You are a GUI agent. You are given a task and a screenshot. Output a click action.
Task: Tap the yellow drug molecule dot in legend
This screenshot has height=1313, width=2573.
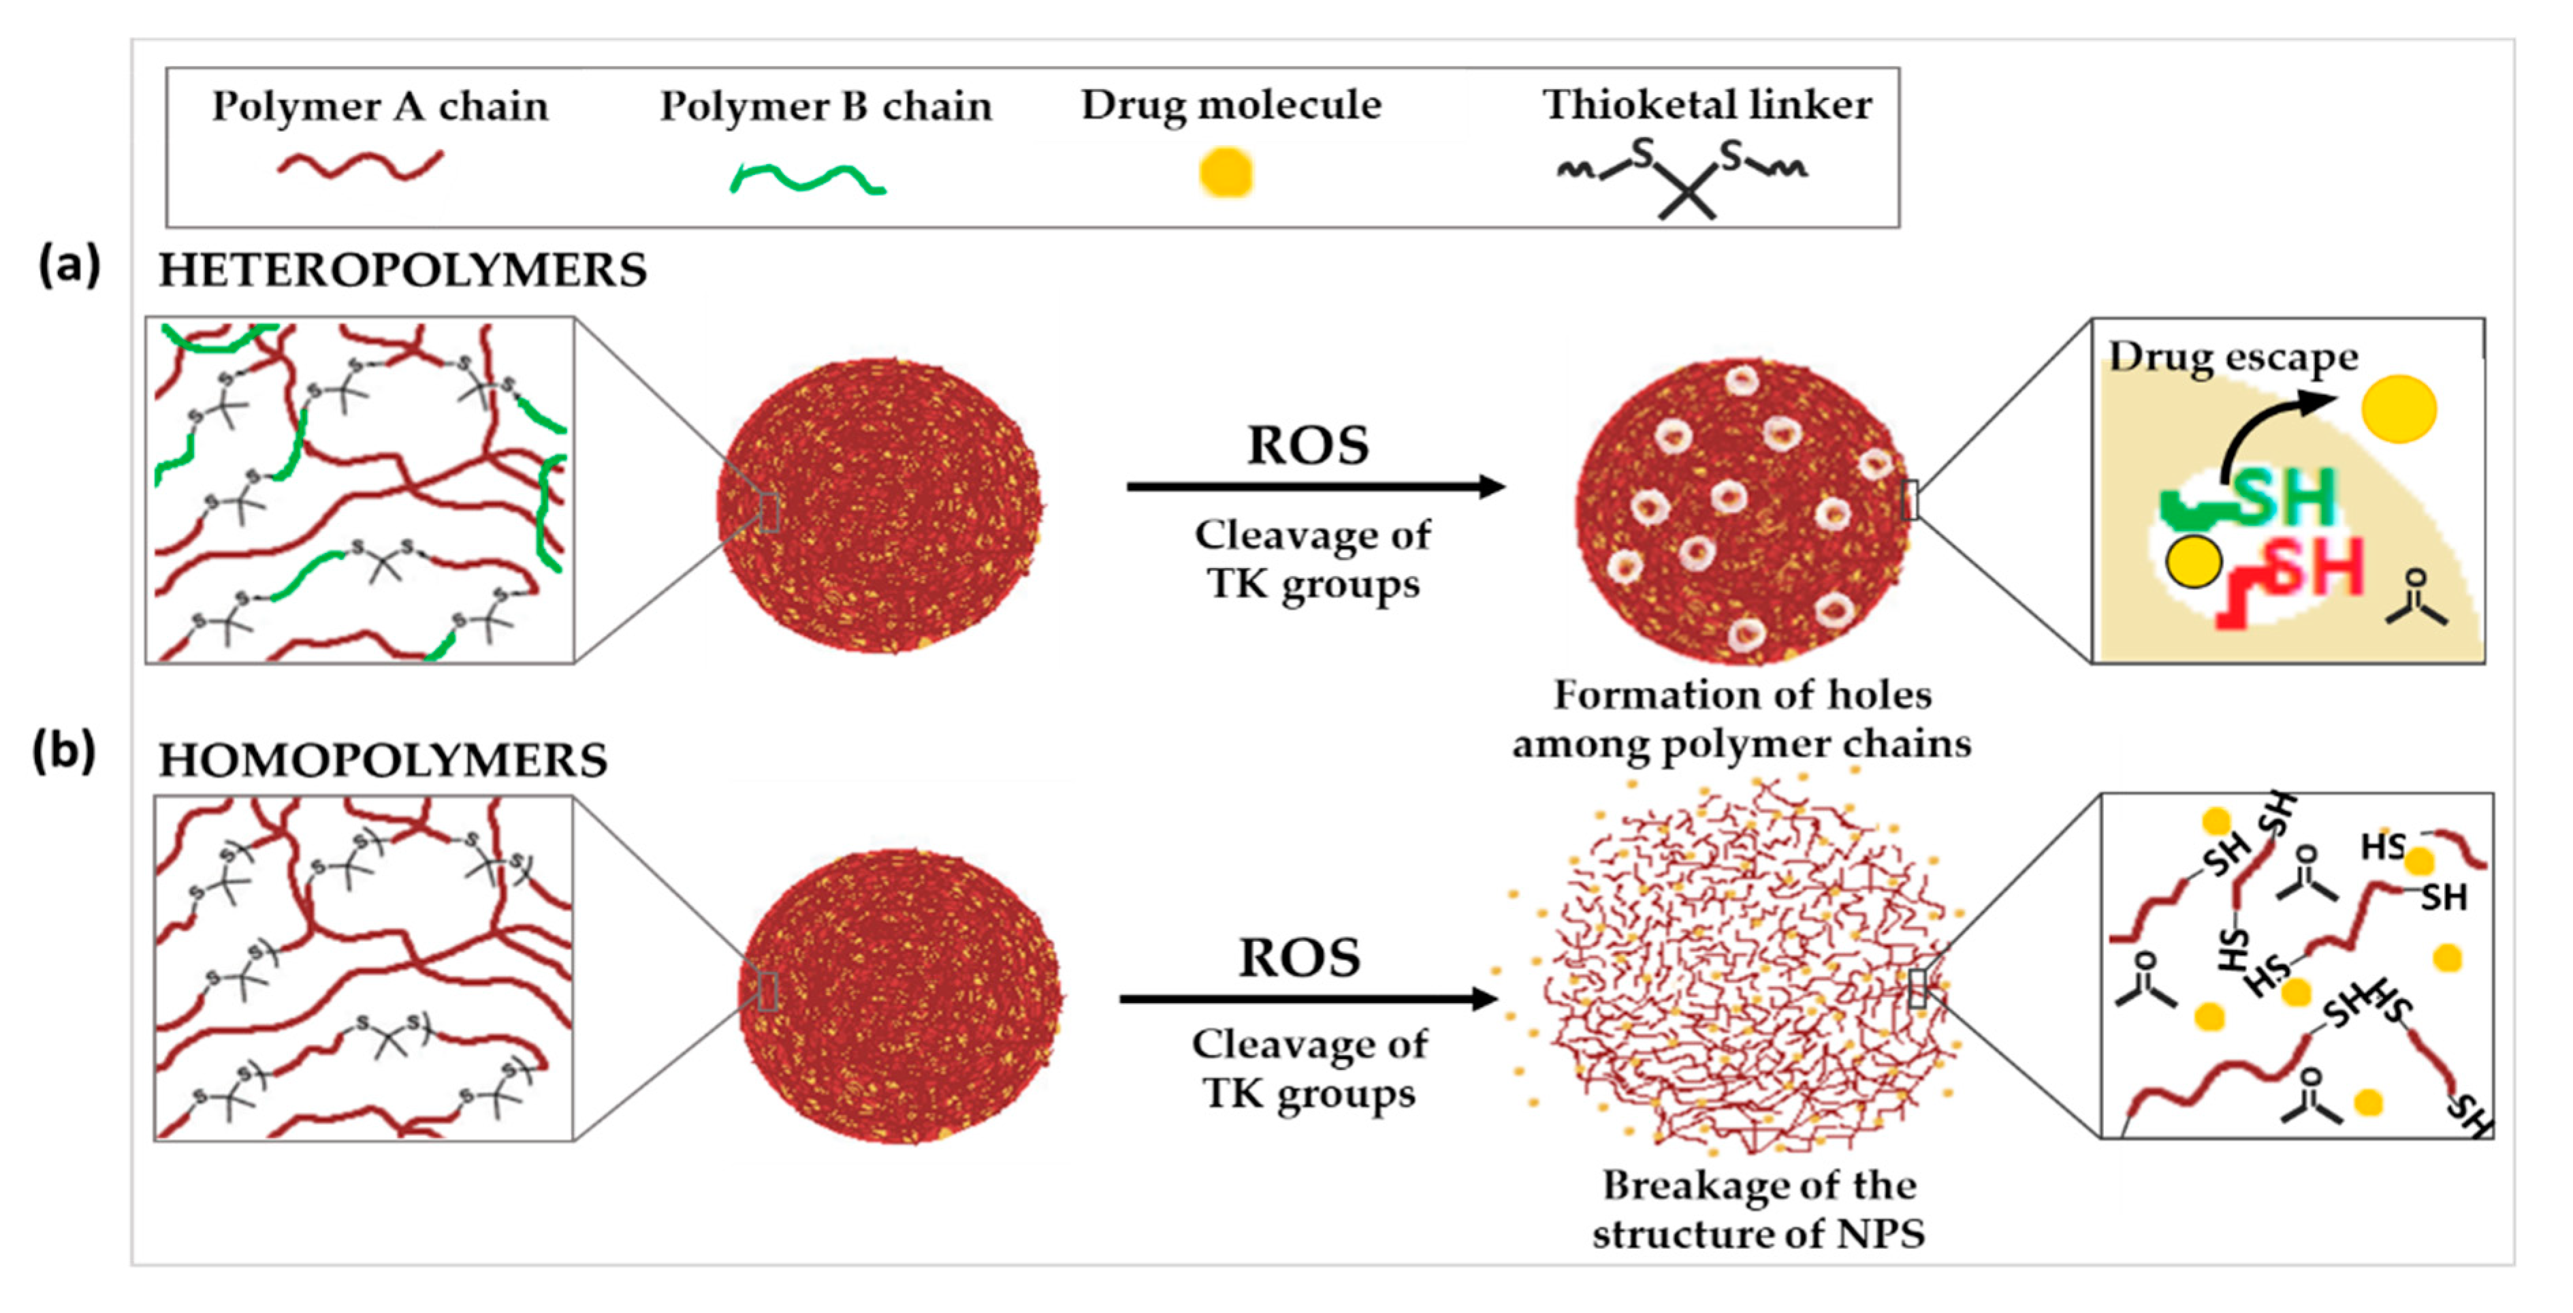(x=1226, y=173)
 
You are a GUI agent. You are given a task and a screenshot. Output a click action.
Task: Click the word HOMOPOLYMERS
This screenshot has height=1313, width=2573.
(x=383, y=761)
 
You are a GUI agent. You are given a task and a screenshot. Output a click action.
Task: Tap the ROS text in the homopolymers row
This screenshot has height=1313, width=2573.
(x=1300, y=958)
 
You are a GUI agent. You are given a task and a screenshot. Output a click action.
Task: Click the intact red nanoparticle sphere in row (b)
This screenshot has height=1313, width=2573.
(x=899, y=996)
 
